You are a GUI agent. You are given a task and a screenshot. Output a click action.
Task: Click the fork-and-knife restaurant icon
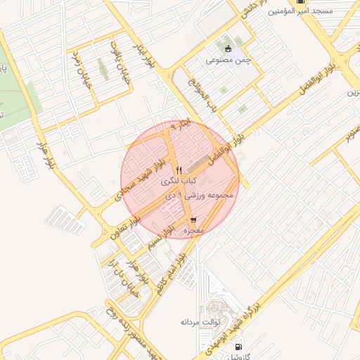(x=179, y=170)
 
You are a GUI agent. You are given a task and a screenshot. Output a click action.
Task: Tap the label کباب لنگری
(x=179, y=181)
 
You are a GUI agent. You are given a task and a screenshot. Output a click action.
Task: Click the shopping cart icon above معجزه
(x=193, y=220)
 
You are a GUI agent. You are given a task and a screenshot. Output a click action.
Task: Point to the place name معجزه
(x=193, y=231)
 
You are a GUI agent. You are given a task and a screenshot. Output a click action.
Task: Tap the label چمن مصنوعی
(x=229, y=60)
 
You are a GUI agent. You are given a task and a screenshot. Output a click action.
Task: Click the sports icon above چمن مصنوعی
(x=229, y=49)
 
